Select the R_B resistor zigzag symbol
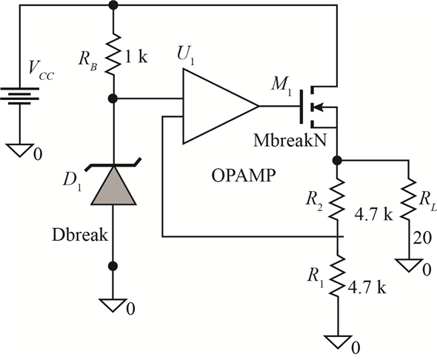tap(113, 56)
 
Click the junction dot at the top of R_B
tap(113, 5)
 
